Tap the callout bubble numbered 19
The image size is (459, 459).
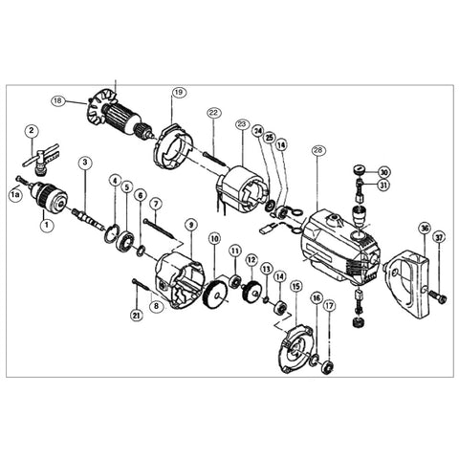179,93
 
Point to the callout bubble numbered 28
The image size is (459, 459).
318,149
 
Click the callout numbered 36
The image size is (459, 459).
424,228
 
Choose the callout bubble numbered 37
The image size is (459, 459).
439,238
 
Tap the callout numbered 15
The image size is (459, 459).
295,286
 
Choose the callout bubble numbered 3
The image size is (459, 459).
85,163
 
